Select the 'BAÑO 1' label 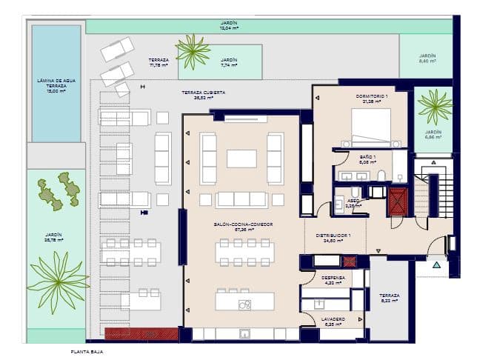369,157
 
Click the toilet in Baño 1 381,176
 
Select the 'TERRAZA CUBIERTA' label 204,93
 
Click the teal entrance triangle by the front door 436,264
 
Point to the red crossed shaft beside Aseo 398,201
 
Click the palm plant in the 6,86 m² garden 434,107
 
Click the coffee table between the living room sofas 241,159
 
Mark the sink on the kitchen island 244,304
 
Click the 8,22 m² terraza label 390,298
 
